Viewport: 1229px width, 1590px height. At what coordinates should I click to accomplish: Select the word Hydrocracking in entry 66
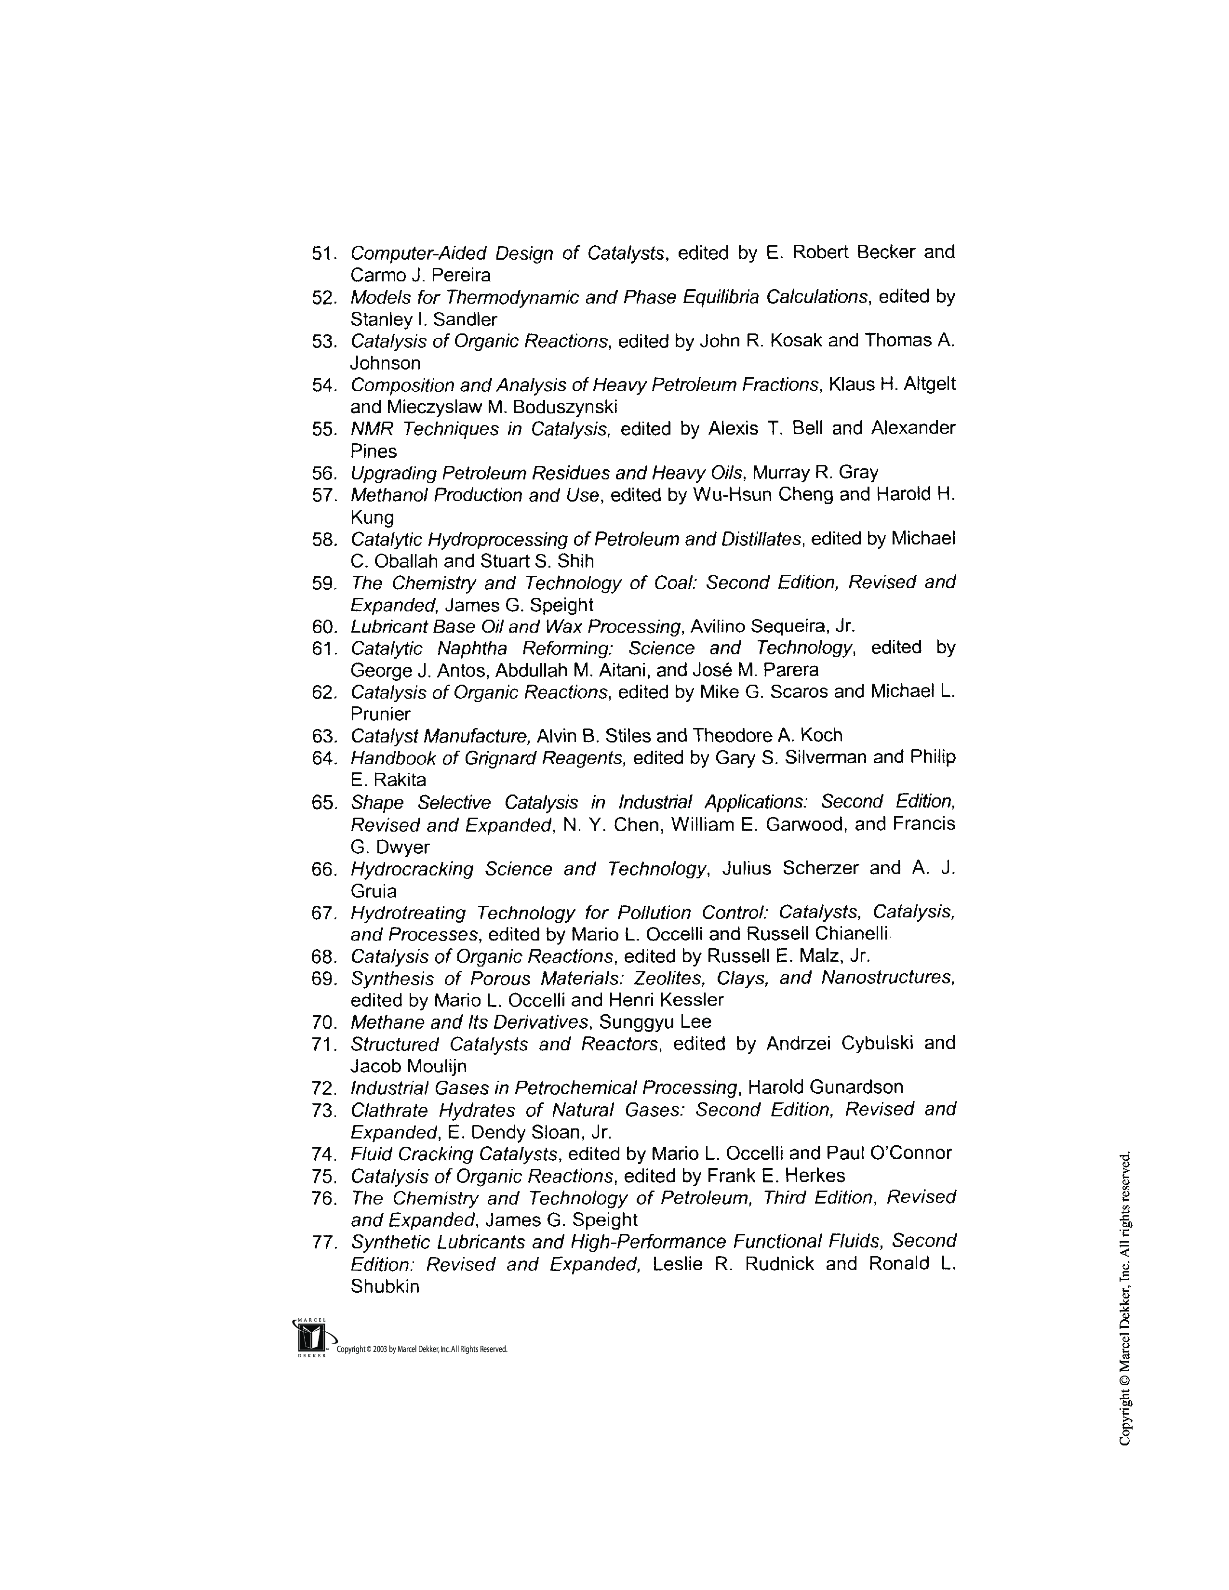pos(412,869)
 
